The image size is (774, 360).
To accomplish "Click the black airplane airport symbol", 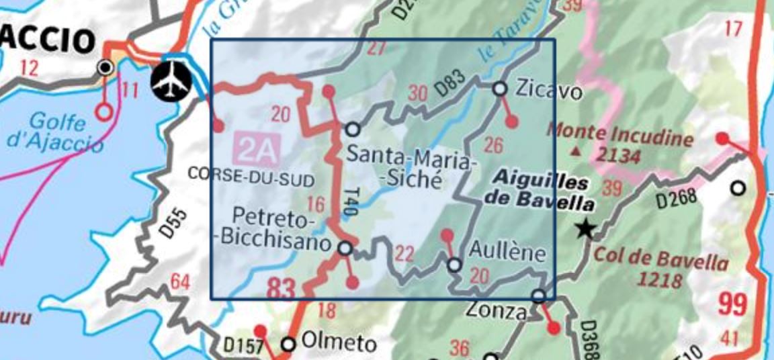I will pyautogui.click(x=171, y=80).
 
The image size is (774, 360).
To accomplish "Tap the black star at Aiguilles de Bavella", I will pyautogui.click(x=585, y=230).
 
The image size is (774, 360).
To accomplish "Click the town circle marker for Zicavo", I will pyautogui.click(x=500, y=89).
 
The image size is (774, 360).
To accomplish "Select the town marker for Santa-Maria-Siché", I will pyautogui.click(x=352, y=130).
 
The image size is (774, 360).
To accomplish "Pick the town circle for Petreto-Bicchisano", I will pyautogui.click(x=345, y=249).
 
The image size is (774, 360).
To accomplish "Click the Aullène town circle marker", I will pyautogui.click(x=454, y=265).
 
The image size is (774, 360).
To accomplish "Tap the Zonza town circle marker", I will pyautogui.click(x=538, y=296).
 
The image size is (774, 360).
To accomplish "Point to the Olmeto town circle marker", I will pyautogui.click(x=288, y=344).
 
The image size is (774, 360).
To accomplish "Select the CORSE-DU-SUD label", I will pyautogui.click(x=251, y=174).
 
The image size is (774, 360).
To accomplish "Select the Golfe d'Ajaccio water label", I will pyautogui.click(x=58, y=132).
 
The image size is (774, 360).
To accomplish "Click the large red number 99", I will pyautogui.click(x=732, y=304).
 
